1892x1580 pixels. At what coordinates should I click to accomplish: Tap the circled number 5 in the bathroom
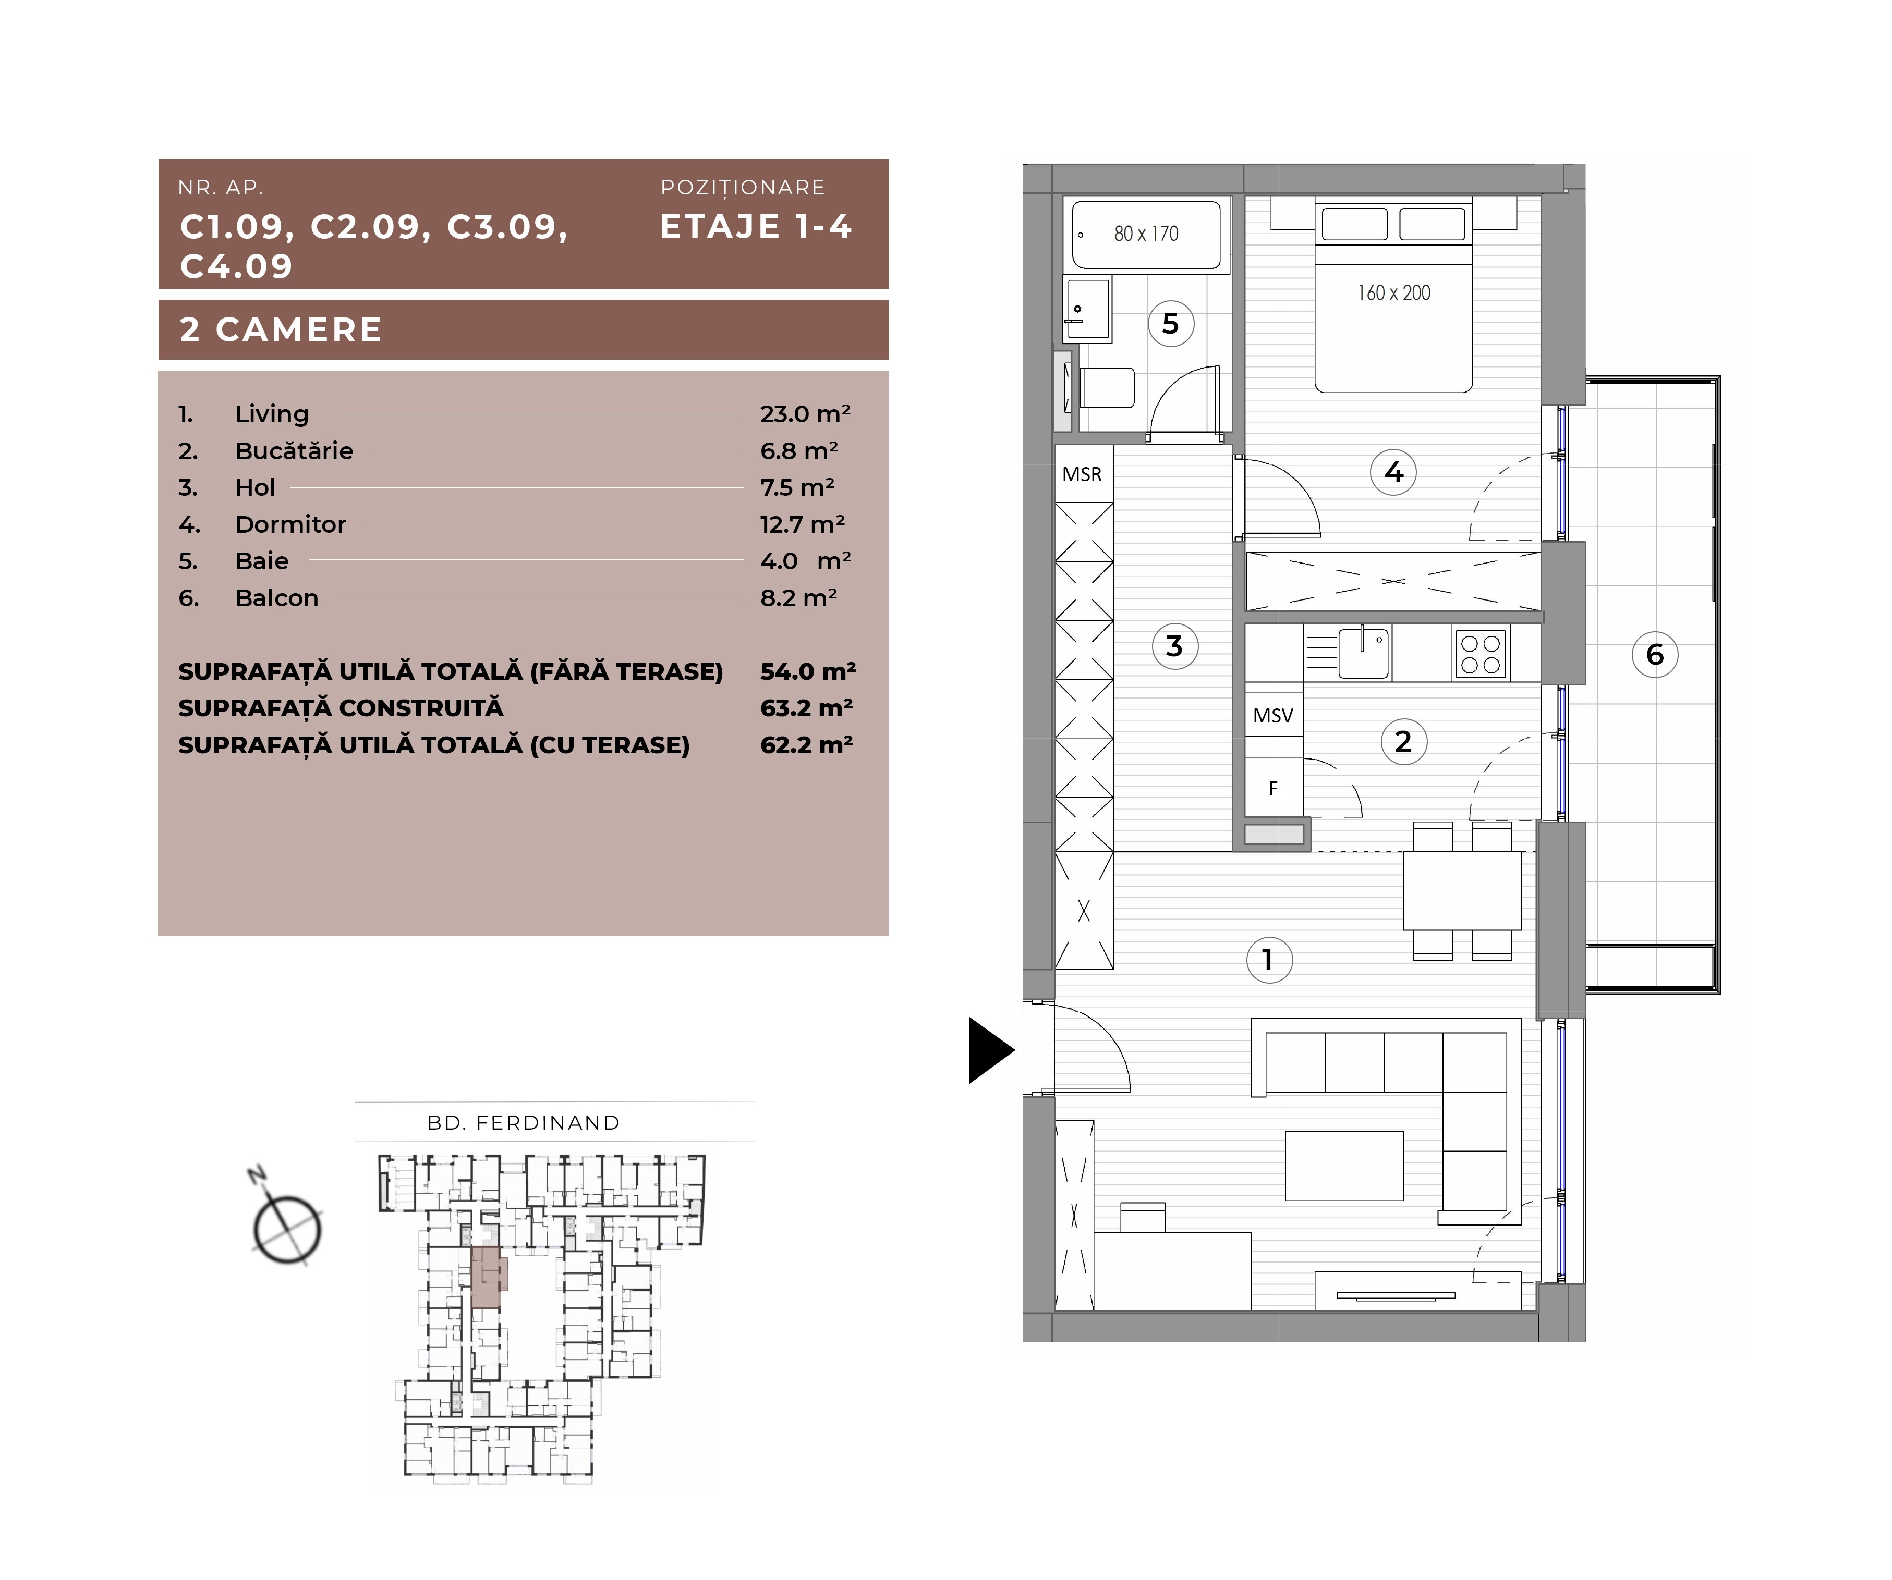1170,323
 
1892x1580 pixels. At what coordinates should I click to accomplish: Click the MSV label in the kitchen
1273,715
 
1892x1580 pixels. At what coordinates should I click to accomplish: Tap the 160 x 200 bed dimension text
1394,293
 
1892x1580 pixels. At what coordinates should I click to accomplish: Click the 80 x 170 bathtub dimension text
1146,234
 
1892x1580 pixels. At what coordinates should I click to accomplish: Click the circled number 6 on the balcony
1655,655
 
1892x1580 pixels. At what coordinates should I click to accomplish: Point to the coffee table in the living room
1344,1166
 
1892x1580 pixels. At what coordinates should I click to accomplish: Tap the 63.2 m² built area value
806,708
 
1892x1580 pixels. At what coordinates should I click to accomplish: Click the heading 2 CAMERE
281,329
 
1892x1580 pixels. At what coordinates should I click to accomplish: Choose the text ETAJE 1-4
756,226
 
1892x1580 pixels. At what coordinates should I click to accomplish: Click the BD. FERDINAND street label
524,1122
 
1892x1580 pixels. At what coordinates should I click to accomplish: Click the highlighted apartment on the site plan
488,1277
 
